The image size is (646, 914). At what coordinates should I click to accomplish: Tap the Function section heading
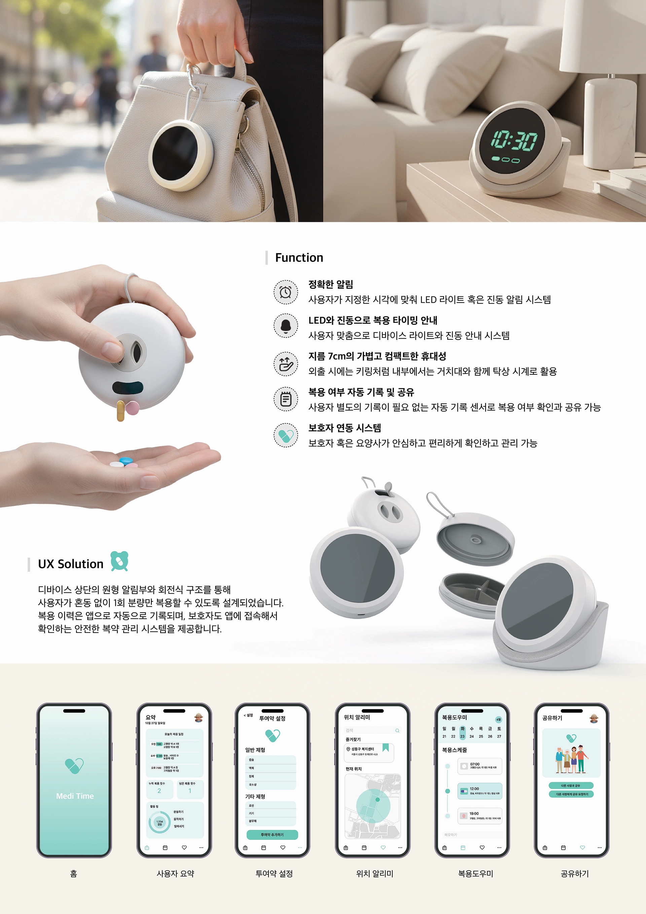point(299,258)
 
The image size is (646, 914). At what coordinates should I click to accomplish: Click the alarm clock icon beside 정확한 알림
point(285,292)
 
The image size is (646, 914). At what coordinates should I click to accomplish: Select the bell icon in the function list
point(285,326)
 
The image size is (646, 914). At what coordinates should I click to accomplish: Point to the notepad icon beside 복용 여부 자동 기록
point(285,399)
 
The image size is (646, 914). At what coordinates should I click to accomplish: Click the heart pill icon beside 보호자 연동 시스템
point(285,435)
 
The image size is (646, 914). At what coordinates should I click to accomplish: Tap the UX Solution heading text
point(70,564)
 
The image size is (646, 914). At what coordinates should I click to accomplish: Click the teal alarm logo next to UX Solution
point(119,561)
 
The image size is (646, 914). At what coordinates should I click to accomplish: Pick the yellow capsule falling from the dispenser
point(120,412)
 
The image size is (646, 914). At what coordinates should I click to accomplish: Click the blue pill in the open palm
point(126,461)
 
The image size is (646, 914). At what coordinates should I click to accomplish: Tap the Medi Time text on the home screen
point(75,796)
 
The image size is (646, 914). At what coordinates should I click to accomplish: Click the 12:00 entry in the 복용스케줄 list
point(480,790)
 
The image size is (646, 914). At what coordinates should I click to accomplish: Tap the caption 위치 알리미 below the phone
point(374,873)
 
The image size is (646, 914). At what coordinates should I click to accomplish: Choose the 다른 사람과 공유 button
point(571,785)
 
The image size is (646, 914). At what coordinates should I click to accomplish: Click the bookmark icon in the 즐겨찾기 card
point(385,748)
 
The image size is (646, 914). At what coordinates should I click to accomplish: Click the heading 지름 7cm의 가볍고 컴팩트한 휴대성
point(377,356)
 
